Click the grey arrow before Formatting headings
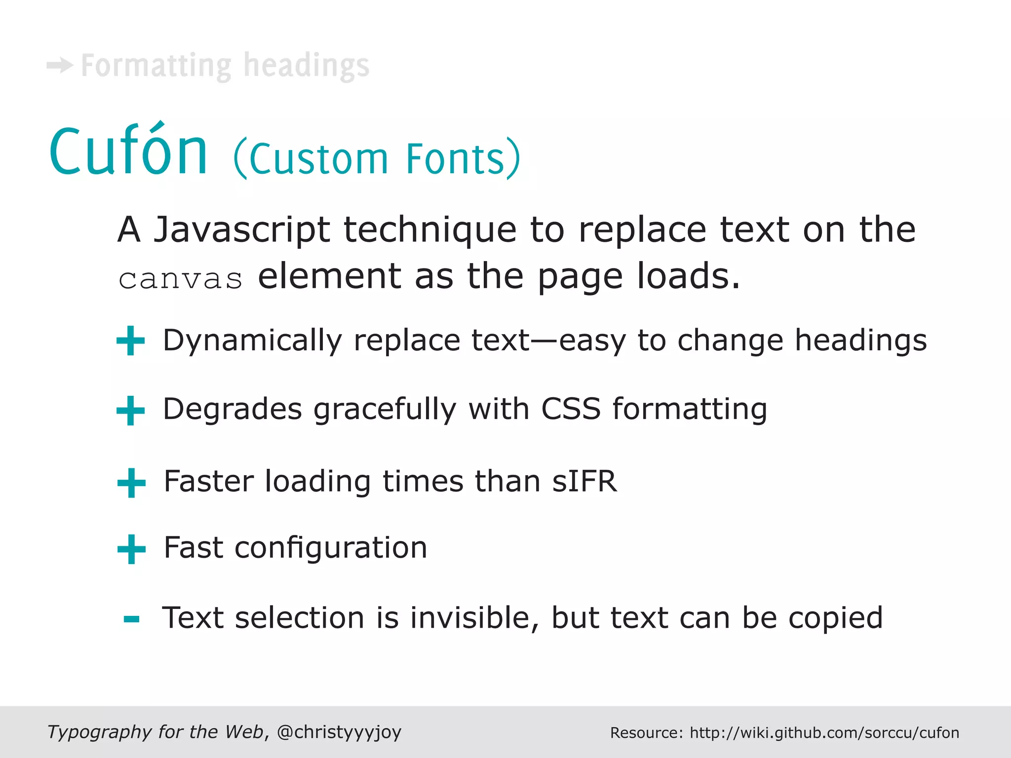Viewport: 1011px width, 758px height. (x=60, y=65)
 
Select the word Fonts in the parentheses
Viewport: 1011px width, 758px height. (x=455, y=159)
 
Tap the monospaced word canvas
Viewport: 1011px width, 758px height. (x=181, y=279)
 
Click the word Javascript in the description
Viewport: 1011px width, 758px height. (x=241, y=230)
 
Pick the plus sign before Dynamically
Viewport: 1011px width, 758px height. (x=131, y=341)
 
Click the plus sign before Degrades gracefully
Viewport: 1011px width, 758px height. (x=131, y=411)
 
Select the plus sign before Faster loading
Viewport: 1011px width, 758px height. (x=131, y=483)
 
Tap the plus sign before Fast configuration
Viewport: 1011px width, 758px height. (x=131, y=549)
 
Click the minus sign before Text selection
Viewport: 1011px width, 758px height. (x=131, y=619)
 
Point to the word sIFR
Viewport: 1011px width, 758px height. (x=584, y=481)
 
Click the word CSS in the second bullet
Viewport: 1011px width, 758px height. (x=571, y=409)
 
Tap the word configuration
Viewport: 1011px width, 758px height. (x=331, y=548)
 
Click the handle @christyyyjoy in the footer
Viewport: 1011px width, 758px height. (x=339, y=732)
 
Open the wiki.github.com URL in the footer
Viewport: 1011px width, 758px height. (x=824, y=733)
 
